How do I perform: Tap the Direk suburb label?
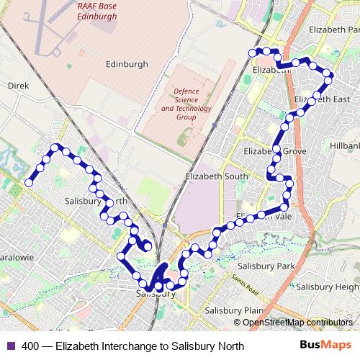click(x=17, y=85)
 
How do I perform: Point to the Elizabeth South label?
click(x=216, y=176)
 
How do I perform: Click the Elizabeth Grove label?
click(x=275, y=152)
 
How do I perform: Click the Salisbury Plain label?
click(x=232, y=310)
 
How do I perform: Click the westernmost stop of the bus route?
click(x=29, y=183)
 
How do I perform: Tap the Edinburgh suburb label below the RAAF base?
click(x=126, y=64)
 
